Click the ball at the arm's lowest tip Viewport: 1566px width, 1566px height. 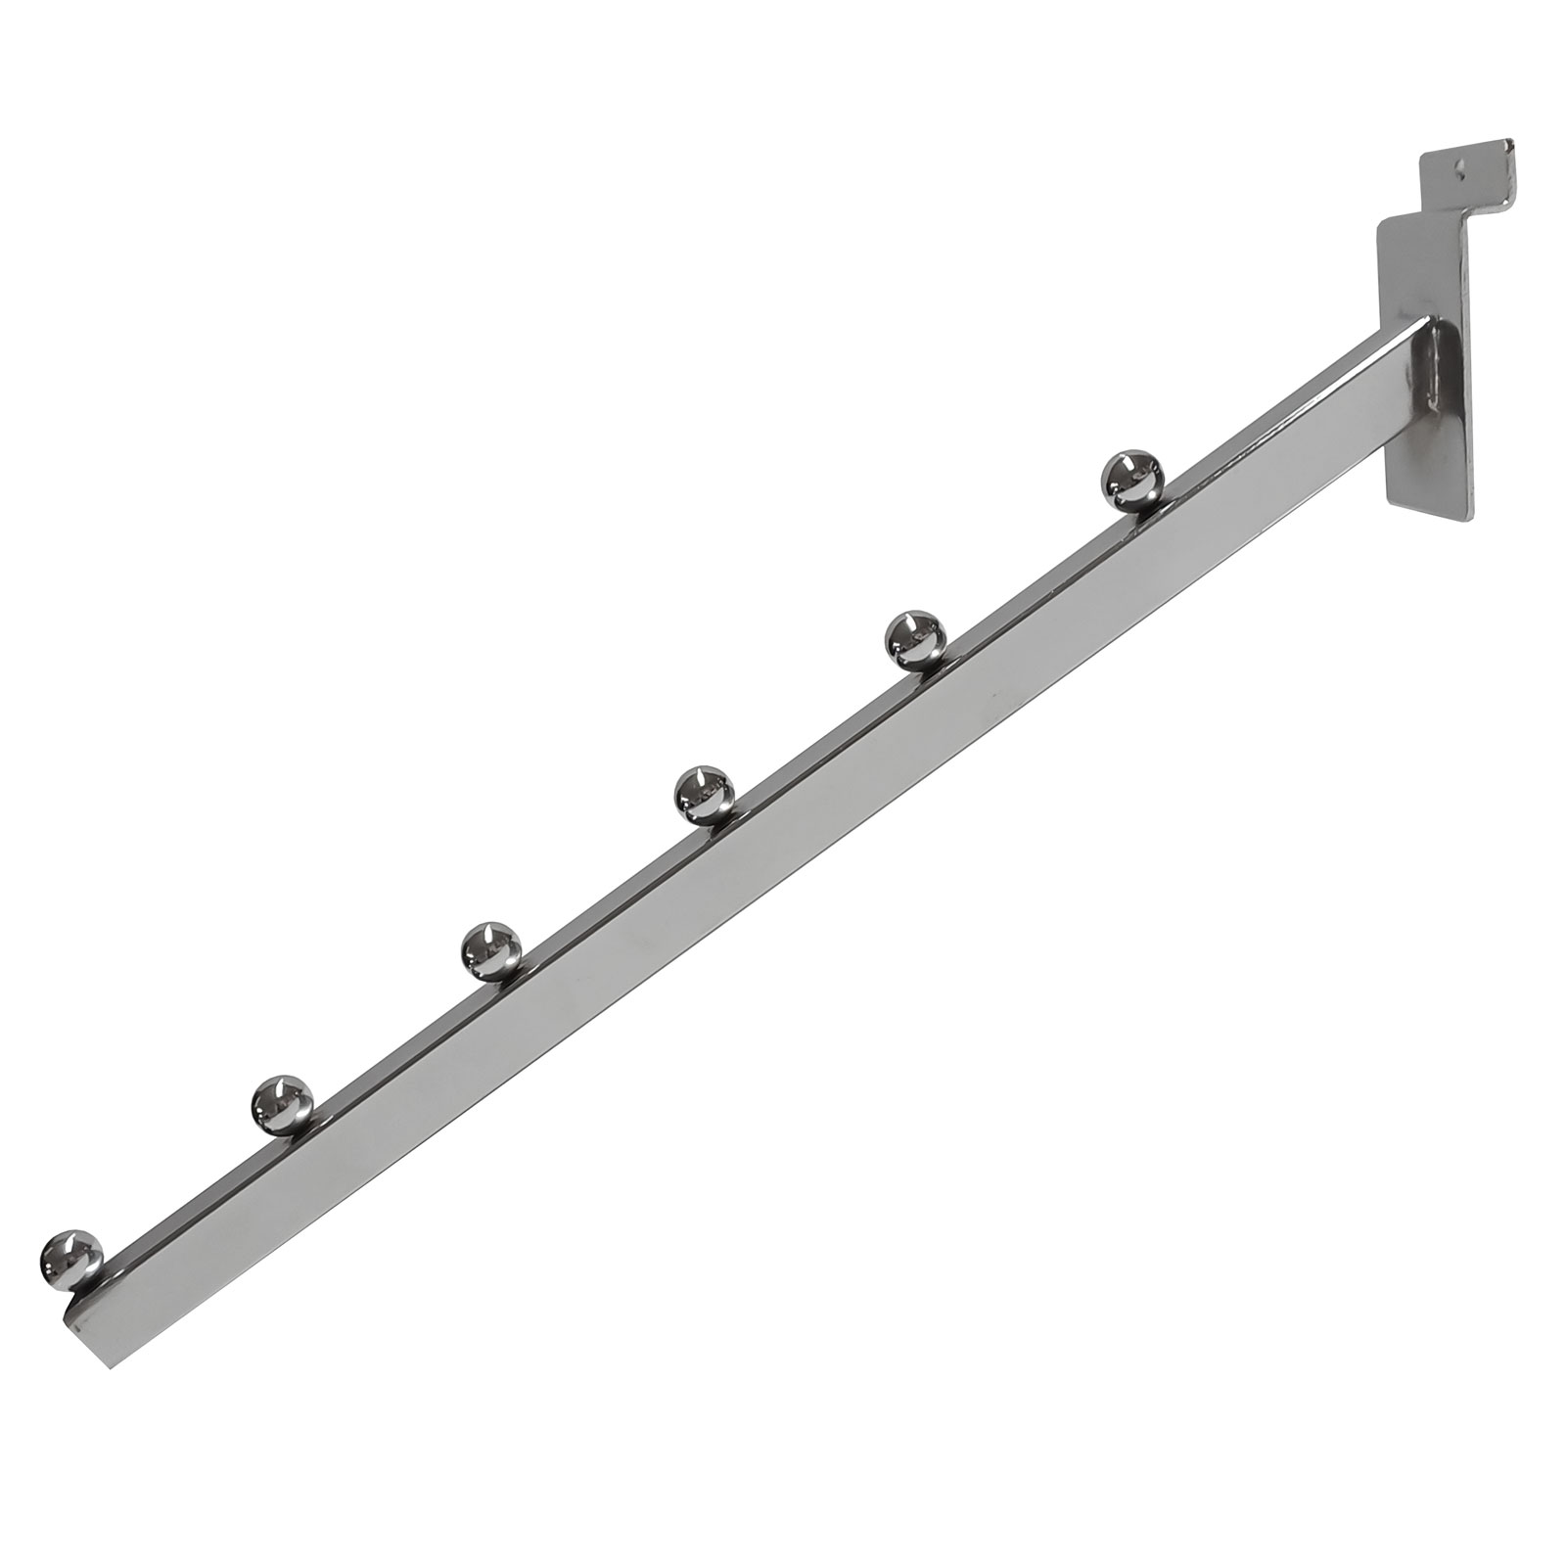[70, 1257]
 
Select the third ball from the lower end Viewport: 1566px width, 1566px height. [490, 949]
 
